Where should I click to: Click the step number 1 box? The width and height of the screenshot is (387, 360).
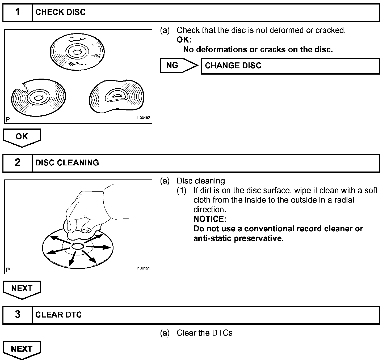pyautogui.click(x=17, y=12)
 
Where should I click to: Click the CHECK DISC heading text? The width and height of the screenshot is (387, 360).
pyautogui.click(x=60, y=12)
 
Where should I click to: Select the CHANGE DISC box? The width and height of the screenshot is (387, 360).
pyautogui.click(x=290, y=66)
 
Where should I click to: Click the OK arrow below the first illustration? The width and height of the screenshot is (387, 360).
pyautogui.click(x=22, y=137)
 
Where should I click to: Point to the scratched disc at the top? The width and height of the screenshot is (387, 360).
pyautogui.click(x=77, y=52)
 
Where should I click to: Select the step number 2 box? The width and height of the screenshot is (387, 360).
pyautogui.click(x=17, y=163)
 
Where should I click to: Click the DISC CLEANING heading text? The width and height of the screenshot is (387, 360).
pyautogui.click(x=67, y=163)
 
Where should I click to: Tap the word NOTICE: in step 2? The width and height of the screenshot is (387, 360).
pyautogui.click(x=210, y=219)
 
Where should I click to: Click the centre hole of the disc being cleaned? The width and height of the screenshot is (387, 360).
pyautogui.click(x=77, y=246)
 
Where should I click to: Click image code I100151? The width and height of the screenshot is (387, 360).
pyautogui.click(x=143, y=268)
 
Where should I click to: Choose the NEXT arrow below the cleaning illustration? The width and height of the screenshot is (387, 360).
pyautogui.click(x=22, y=289)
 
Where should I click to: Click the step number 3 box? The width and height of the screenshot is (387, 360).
pyautogui.click(x=17, y=315)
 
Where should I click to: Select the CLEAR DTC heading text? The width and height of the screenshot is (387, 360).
pyautogui.click(x=58, y=315)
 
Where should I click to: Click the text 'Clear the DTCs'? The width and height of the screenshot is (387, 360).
pyautogui.click(x=204, y=333)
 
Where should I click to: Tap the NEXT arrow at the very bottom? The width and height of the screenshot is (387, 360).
pyautogui.click(x=22, y=349)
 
